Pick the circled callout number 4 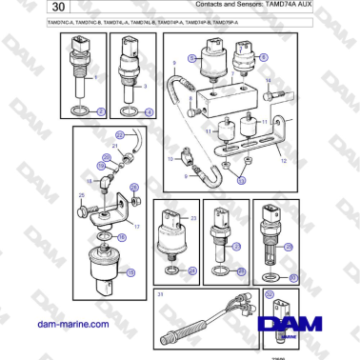[149, 111]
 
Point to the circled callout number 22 [93, 136]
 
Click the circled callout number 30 [293, 277]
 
